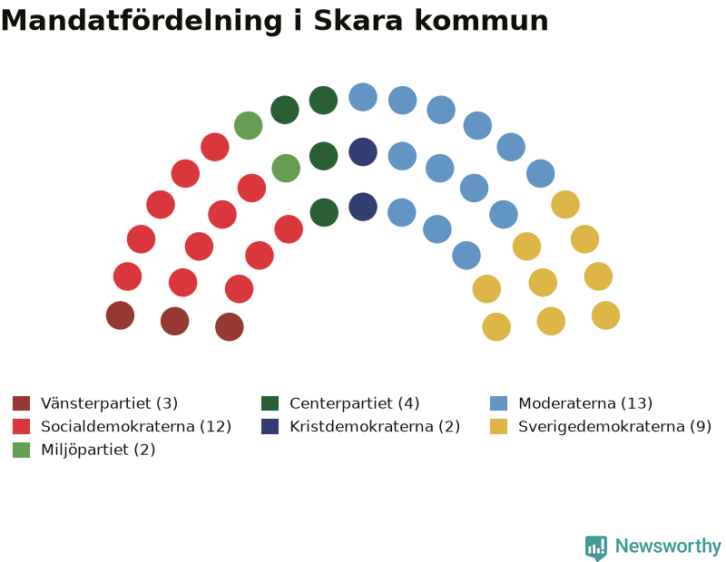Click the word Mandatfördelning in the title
click(142, 21)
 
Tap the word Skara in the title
click(358, 21)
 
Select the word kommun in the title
click(482, 21)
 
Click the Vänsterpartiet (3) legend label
click(109, 403)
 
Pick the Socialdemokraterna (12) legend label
click(136, 426)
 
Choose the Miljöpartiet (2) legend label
click(98, 450)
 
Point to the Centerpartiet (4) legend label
click(355, 403)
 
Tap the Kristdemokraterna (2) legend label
click(375, 426)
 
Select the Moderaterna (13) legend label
click(585, 403)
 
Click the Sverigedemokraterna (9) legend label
click(615, 426)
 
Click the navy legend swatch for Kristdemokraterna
click(270, 426)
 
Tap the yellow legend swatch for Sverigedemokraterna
click(498, 426)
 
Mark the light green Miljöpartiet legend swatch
click(21, 450)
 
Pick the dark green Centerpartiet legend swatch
click(270, 403)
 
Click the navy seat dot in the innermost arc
click(363, 207)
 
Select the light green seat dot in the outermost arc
click(248, 125)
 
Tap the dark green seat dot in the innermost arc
click(324, 212)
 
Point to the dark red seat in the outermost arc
click(121, 315)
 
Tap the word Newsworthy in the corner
click(668, 547)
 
